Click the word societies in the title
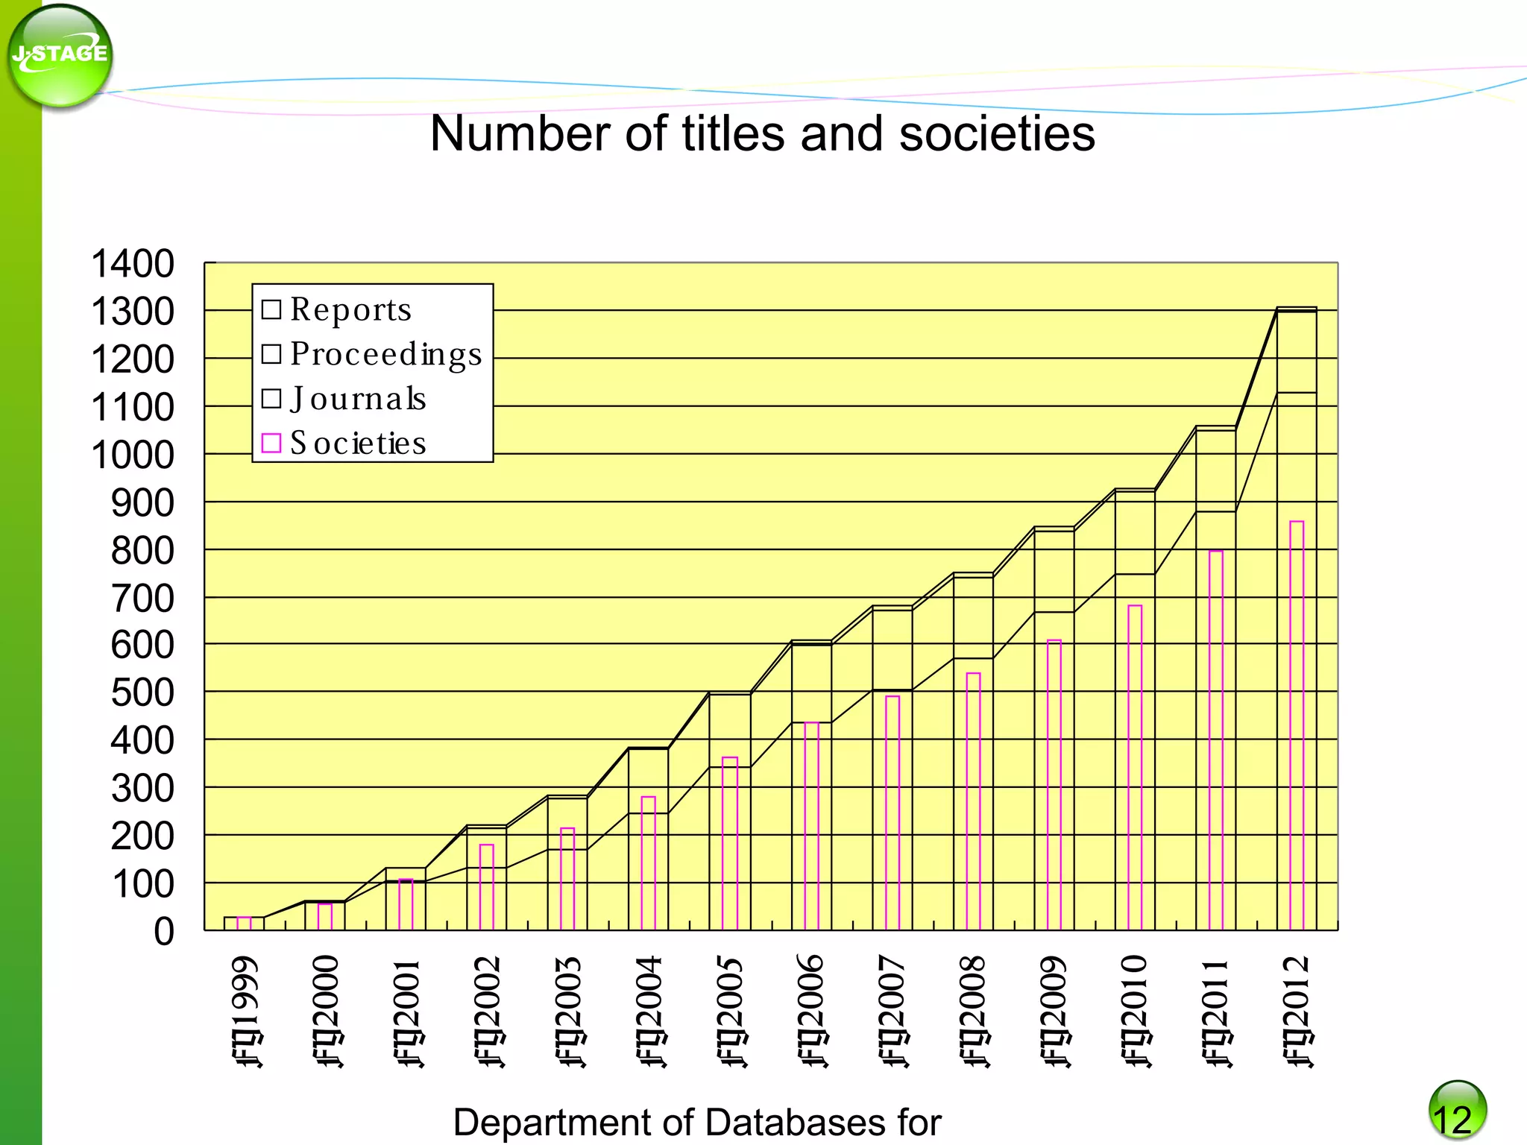point(997,134)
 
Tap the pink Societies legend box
point(271,444)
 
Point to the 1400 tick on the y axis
point(133,264)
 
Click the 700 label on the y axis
point(142,599)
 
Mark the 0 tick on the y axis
point(164,932)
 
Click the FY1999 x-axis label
point(246,1012)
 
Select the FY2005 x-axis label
point(731,1012)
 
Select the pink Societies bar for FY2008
point(973,801)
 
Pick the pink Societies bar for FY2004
point(649,863)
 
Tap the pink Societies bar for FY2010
point(1135,768)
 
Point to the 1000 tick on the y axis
point(133,455)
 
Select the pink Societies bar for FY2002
point(487,887)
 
